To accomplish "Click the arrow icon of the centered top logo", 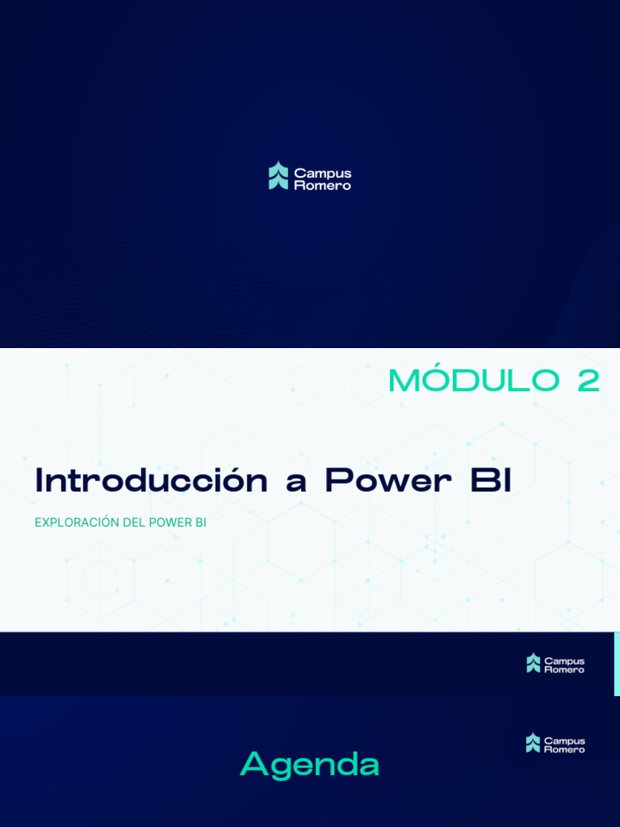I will [x=279, y=175].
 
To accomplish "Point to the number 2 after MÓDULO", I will [x=589, y=381].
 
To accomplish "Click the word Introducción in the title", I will [x=151, y=481].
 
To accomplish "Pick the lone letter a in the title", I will [x=296, y=483].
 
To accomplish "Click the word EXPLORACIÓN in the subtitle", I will [x=77, y=523].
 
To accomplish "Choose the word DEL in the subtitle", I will [x=134, y=523].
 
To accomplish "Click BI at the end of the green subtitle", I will [x=201, y=523].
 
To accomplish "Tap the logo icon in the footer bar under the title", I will [x=533, y=663].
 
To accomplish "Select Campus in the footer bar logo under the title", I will [x=564, y=661].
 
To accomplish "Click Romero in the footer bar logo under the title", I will [x=564, y=670].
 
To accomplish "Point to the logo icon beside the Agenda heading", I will [x=533, y=743].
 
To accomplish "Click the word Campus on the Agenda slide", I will [x=564, y=740].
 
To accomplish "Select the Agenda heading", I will [x=309, y=764].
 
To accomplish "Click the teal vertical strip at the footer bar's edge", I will [x=617, y=663].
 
